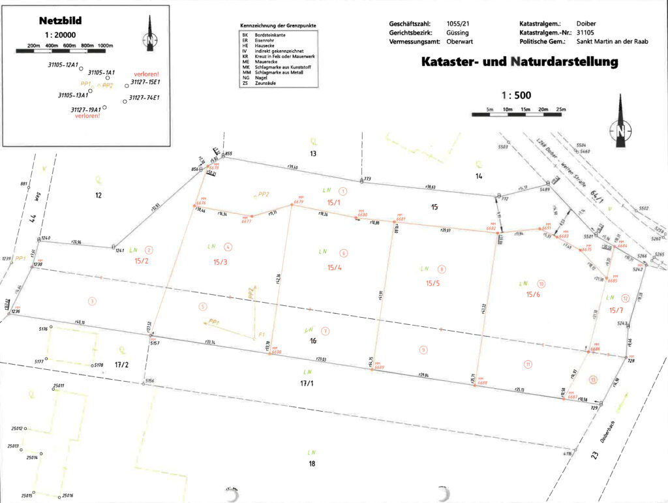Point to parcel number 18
[312, 464]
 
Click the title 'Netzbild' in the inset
[60, 20]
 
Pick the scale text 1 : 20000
[59, 35]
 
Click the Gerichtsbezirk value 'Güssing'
[458, 32]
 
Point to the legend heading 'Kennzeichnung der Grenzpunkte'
[279, 25]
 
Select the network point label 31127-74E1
[144, 98]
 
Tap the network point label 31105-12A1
[63, 65]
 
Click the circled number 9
[423, 351]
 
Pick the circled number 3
[93, 301]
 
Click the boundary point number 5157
[155, 342]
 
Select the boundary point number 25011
[59, 386]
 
